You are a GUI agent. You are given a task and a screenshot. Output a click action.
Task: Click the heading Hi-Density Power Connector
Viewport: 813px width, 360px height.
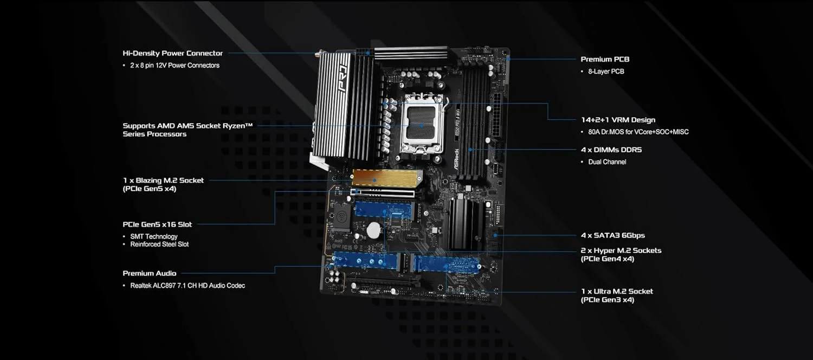pos(172,53)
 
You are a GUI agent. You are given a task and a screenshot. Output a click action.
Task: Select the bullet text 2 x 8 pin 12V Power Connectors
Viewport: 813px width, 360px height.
pos(175,65)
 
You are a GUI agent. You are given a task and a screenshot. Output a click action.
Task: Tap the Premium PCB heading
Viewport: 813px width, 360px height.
pos(605,59)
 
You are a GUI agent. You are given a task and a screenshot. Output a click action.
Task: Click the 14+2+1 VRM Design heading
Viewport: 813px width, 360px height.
pos(618,120)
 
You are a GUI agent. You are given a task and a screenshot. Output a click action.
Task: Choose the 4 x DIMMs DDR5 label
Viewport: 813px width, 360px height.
pos(611,150)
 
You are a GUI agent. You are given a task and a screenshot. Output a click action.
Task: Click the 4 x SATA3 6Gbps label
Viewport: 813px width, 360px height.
pos(612,235)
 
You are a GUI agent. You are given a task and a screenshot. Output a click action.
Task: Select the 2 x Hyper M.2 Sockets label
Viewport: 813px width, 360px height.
pos(621,250)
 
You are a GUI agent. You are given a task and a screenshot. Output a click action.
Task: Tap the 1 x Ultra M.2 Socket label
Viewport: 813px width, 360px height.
pos(617,291)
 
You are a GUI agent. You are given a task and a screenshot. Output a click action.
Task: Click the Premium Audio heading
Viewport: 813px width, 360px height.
pos(149,273)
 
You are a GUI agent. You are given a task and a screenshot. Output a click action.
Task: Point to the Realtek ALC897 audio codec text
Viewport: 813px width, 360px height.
pos(187,285)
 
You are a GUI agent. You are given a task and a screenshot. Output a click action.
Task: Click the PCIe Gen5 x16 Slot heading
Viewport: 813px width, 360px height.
pos(157,224)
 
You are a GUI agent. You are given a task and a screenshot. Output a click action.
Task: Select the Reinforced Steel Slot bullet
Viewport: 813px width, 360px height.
pos(159,244)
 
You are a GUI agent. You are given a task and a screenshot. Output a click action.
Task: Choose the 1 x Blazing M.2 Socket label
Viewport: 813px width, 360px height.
pos(163,180)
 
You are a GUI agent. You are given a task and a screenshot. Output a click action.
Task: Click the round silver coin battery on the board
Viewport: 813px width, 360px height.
pos(373,230)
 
